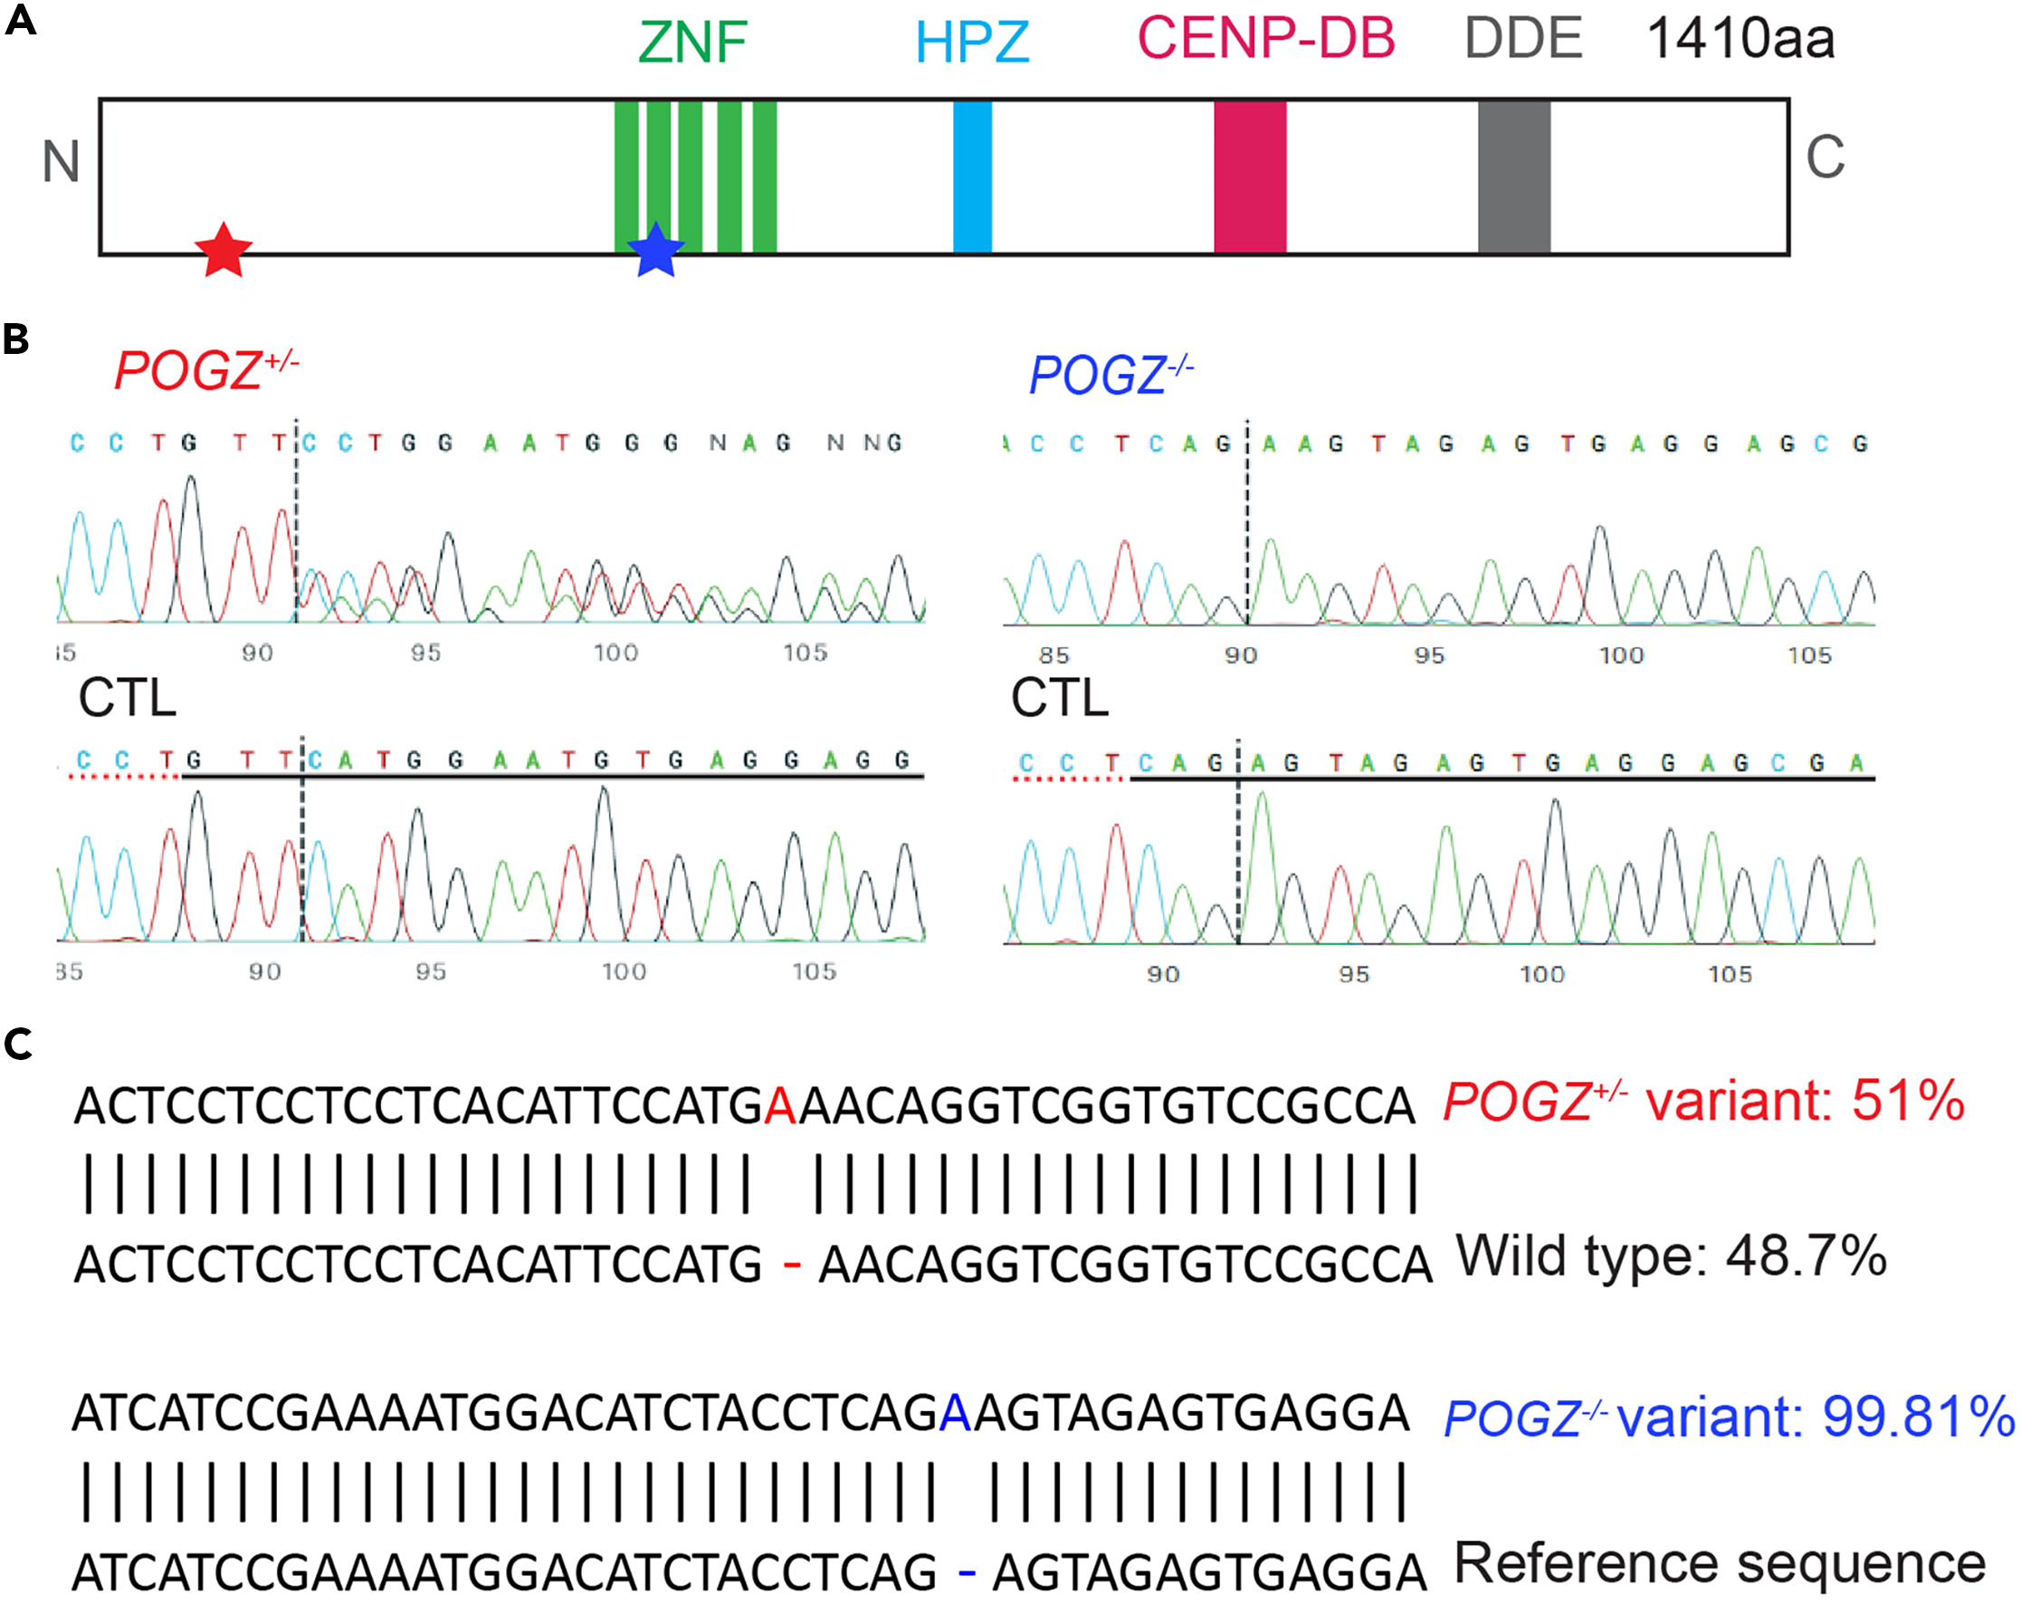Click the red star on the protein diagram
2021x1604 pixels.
pyautogui.click(x=223, y=252)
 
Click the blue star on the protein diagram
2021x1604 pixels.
pyautogui.click(x=655, y=252)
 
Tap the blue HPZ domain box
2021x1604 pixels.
pyautogui.click(x=972, y=177)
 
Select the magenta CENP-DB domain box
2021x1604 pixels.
pyautogui.click(x=1250, y=177)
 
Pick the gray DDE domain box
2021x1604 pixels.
pyautogui.click(x=1513, y=177)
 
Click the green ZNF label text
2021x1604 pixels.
pyautogui.click(x=691, y=43)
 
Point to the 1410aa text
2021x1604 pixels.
pyautogui.click(x=1740, y=39)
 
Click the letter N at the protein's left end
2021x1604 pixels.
pyautogui.click(x=61, y=161)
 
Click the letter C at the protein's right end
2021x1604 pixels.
pyautogui.click(x=1825, y=158)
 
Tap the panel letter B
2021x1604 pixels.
pyautogui.click(x=16, y=339)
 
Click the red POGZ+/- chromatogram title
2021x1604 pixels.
pyautogui.click(x=205, y=370)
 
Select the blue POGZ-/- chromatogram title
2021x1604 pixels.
pyautogui.click(x=1110, y=375)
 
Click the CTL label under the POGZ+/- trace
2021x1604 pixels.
pyautogui.click(x=128, y=699)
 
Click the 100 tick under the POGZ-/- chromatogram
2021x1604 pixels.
pyautogui.click(x=1621, y=655)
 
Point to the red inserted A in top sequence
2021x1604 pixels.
pyautogui.click(x=780, y=1106)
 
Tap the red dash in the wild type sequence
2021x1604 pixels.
pyautogui.click(x=792, y=1265)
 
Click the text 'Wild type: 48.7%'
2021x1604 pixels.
pyautogui.click(x=1671, y=1256)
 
